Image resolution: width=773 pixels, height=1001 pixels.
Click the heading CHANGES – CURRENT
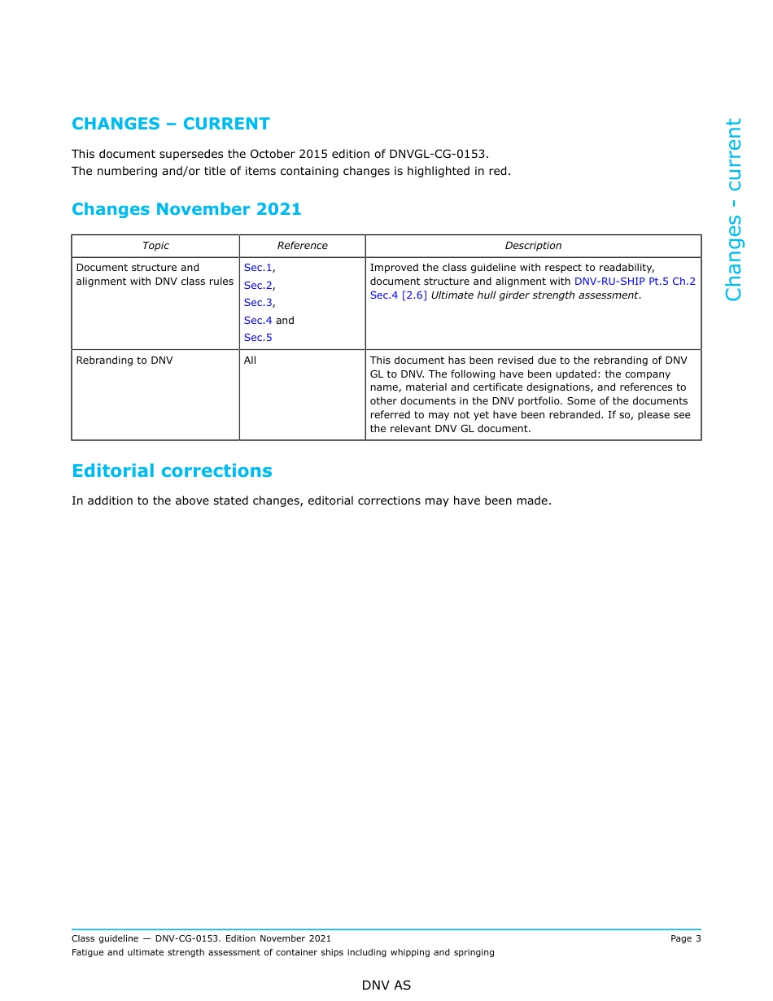[171, 124]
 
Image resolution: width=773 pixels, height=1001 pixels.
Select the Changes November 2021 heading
[186, 209]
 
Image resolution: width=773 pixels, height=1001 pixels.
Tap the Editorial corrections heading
[172, 471]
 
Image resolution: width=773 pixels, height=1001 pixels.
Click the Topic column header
[155, 246]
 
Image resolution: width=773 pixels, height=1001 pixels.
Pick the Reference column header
[302, 246]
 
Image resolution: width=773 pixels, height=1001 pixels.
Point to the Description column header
[533, 246]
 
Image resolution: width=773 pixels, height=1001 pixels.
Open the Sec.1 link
[258, 268]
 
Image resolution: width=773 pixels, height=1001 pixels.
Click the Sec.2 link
[258, 286]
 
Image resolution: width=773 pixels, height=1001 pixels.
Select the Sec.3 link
[258, 303]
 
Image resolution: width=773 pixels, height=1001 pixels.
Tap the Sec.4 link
[258, 321]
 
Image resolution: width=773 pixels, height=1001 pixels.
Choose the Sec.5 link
[258, 338]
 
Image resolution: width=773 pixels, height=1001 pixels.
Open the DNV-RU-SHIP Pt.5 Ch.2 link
[635, 282]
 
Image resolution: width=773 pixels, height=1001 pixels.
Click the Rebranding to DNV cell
[124, 361]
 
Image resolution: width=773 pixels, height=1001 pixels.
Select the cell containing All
[251, 361]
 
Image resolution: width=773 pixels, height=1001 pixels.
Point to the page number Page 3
[685, 939]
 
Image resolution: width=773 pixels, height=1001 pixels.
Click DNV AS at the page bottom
[386, 986]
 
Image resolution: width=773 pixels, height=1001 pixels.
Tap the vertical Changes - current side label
[733, 209]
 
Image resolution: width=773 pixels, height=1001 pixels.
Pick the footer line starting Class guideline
[201, 939]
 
